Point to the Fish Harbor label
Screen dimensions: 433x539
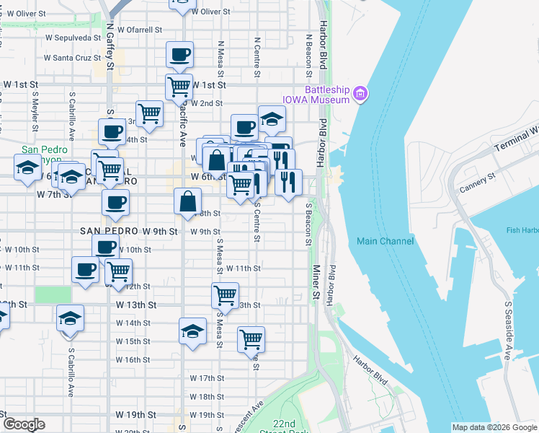[x=522, y=230]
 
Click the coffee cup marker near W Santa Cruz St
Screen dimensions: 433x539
[x=179, y=54]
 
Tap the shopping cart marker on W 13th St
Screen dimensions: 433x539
[x=225, y=295]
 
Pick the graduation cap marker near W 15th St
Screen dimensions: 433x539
[x=192, y=331]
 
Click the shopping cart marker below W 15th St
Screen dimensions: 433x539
[x=251, y=339]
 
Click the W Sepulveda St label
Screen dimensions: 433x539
[x=72, y=38]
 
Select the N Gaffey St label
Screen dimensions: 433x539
[x=110, y=45]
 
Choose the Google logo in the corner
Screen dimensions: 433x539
[x=24, y=424]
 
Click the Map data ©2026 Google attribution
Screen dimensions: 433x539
[x=494, y=428]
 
